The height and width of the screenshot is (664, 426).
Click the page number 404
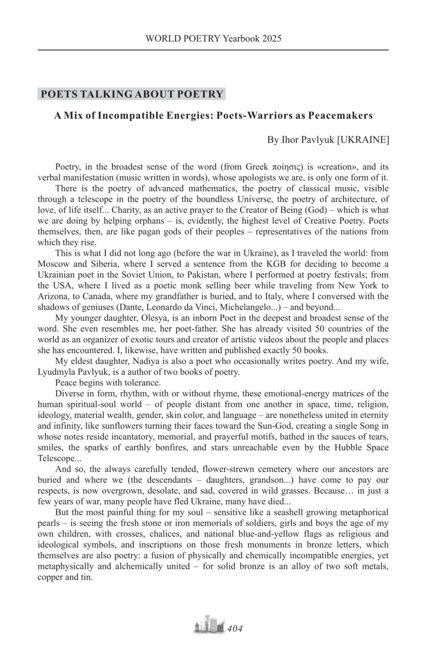tap(235, 629)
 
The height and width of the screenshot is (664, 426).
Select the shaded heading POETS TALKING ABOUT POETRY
tap(132, 94)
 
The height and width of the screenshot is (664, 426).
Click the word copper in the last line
tap(50, 577)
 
